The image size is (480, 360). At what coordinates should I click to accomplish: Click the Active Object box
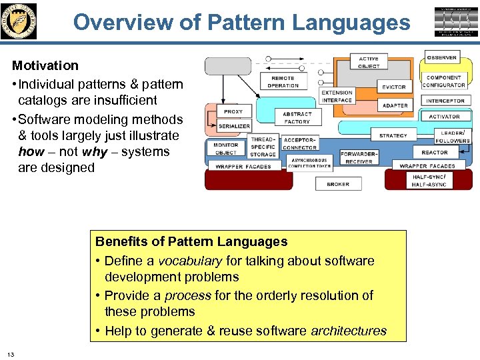[x=368, y=62]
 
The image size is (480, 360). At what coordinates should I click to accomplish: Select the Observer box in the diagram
[x=442, y=58]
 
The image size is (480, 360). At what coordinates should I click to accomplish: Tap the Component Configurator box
[x=444, y=81]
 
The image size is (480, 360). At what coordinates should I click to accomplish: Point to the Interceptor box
[x=445, y=101]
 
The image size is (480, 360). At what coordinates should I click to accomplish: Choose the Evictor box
[x=393, y=87]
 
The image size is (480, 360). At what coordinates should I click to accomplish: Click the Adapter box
[x=395, y=105]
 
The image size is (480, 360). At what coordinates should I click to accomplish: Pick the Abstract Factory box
[x=297, y=118]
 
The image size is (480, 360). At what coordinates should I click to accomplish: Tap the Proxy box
[x=233, y=111]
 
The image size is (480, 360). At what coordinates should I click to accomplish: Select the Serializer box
[x=234, y=125]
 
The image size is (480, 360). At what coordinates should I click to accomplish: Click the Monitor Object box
[x=225, y=149]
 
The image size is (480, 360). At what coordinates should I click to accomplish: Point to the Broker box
[x=338, y=184]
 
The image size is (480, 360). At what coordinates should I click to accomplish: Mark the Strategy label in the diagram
[x=393, y=135]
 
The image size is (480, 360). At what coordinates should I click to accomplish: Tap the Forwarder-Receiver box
[x=359, y=157]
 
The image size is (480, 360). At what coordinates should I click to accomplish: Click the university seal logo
[x=20, y=21]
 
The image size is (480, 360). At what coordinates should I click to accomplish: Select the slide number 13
[x=11, y=353]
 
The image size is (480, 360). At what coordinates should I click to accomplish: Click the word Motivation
[x=45, y=65]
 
